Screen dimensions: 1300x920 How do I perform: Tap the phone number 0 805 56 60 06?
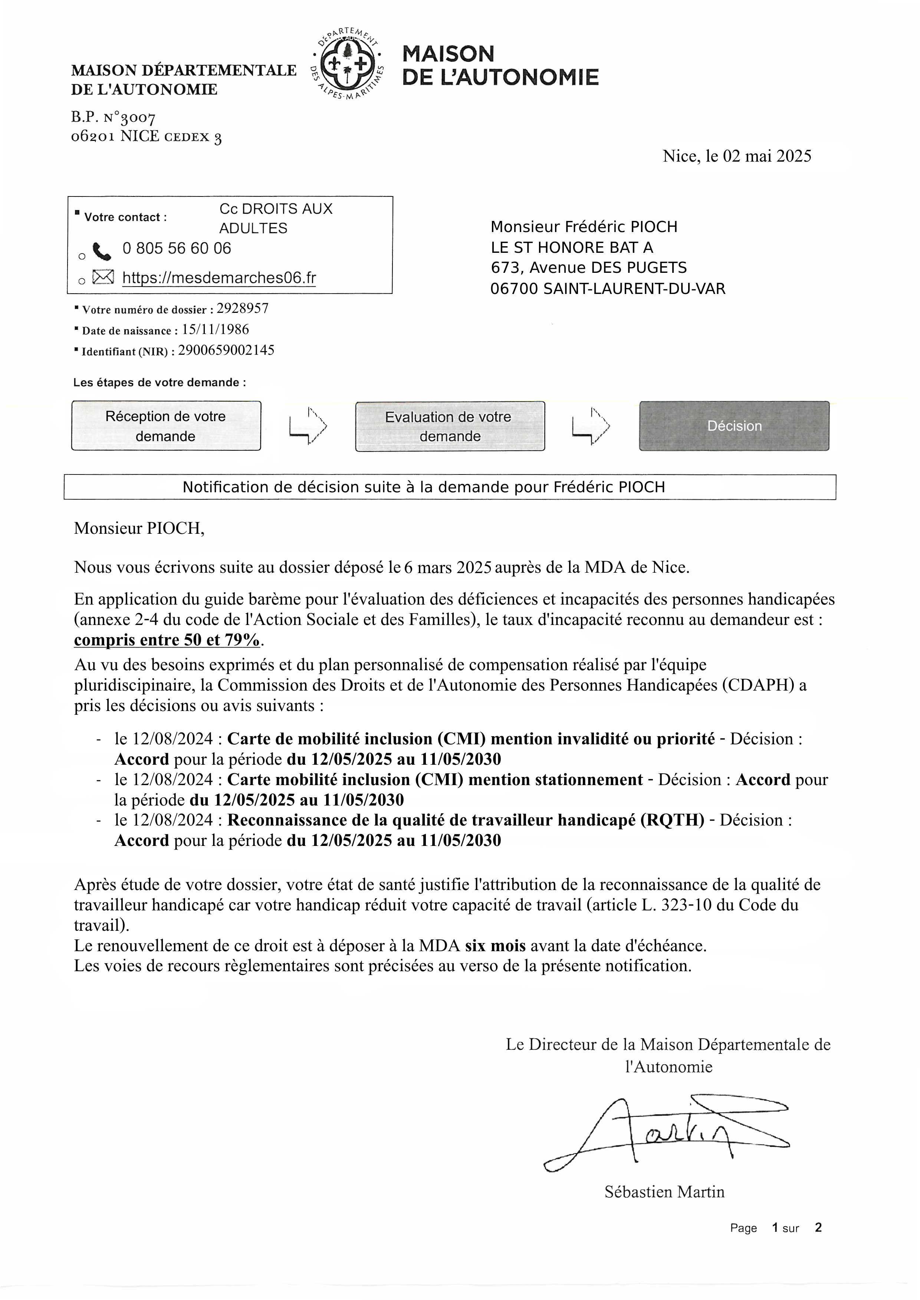click(177, 249)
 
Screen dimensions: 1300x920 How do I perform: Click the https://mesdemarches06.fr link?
click(219, 278)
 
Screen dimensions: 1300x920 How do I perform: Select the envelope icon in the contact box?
click(103, 277)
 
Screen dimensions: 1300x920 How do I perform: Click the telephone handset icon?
click(102, 250)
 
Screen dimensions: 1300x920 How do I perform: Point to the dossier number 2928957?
click(239, 308)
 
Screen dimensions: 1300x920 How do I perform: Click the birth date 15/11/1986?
click(215, 330)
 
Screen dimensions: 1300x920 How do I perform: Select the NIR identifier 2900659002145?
click(226, 350)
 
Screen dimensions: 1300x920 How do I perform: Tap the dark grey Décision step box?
click(734, 426)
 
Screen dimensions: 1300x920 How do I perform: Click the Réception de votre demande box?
click(166, 426)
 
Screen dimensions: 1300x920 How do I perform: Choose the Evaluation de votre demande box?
click(450, 426)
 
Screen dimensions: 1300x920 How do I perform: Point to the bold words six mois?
click(495, 946)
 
